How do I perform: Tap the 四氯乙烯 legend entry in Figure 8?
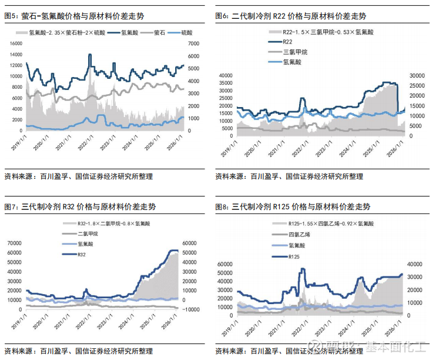298,235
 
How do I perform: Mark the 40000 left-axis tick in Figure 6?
227,75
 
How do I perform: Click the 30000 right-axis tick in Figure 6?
416,75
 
